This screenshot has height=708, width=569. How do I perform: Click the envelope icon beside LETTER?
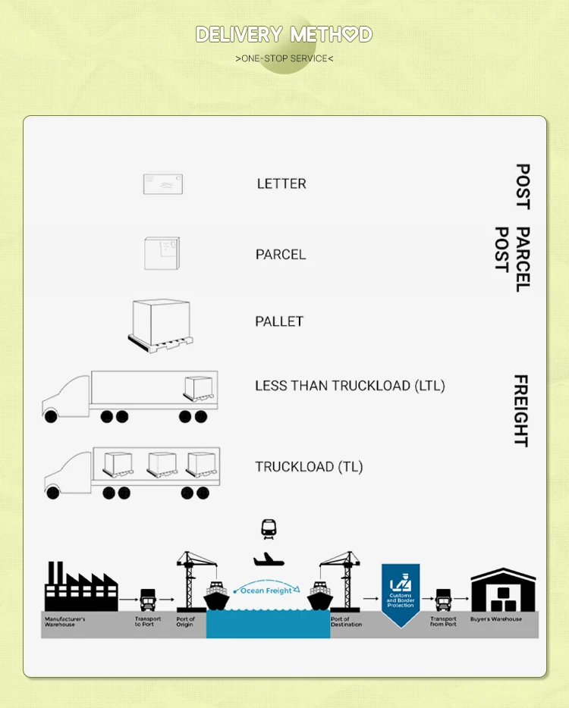click(163, 183)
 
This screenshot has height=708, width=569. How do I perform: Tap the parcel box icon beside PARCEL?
click(162, 253)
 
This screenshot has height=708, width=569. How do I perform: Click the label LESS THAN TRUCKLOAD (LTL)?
click(350, 386)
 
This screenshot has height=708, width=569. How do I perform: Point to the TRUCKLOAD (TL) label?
click(309, 467)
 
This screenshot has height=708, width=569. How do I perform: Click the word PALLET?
click(279, 321)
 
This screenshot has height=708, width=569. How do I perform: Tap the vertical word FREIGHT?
click(521, 410)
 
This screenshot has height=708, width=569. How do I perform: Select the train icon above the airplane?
click(269, 528)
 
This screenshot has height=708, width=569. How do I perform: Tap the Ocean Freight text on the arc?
click(266, 590)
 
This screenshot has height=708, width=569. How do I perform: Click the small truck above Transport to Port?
click(148, 600)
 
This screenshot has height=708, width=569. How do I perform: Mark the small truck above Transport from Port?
click(443, 600)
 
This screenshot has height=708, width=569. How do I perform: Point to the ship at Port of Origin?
click(217, 597)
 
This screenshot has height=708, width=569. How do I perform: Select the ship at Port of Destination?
click(320, 597)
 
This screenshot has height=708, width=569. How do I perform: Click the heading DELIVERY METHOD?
click(284, 35)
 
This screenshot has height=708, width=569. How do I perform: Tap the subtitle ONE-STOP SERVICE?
click(284, 58)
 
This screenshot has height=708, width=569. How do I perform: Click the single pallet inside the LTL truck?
click(198, 389)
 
